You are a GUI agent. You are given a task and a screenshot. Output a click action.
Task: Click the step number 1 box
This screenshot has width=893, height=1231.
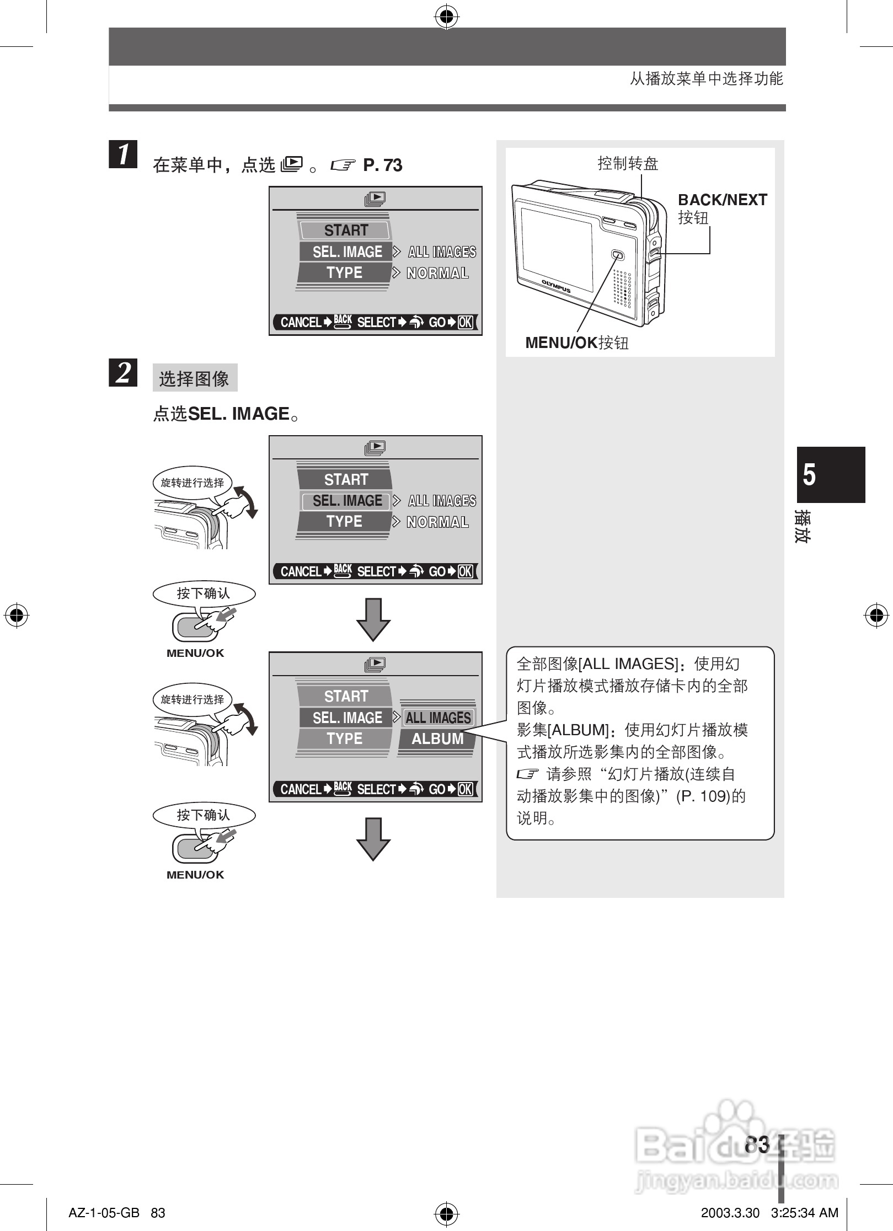pos(123,154)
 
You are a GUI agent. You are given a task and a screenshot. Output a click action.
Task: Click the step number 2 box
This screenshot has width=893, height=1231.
pos(123,372)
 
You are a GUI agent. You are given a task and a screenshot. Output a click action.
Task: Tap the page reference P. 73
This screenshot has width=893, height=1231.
pos(382,165)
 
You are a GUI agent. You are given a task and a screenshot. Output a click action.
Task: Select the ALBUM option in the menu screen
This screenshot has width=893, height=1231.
pos(437,738)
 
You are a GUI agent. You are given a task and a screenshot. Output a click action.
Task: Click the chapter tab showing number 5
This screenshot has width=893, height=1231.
pos(831,474)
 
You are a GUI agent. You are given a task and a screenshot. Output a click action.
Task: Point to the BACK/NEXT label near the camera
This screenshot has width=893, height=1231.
pos(722,200)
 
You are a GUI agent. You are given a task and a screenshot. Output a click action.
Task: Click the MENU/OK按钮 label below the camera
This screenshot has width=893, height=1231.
pos(576,343)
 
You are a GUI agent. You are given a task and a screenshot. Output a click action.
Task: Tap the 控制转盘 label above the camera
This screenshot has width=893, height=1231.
pos(628,163)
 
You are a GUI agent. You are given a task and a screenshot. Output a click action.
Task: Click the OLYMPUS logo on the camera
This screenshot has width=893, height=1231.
pos(555,286)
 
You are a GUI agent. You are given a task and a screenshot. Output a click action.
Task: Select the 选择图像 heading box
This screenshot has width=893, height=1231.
pos(194,378)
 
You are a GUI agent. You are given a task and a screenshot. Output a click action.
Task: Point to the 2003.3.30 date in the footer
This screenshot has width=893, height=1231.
pos(730,1213)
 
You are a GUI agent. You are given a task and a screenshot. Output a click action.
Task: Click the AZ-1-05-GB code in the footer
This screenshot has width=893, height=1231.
pos(104,1213)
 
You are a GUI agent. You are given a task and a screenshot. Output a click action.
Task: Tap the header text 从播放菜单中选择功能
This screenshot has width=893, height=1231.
pos(706,79)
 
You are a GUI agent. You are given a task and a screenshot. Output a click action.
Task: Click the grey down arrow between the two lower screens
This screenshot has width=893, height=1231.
pos(373,619)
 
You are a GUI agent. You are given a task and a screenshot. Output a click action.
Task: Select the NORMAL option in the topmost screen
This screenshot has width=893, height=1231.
pos(437,273)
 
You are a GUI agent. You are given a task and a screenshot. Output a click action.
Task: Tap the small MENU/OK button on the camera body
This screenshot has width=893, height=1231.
pos(618,255)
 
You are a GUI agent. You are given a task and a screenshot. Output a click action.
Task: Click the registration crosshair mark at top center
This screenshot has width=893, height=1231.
pos(446,17)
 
